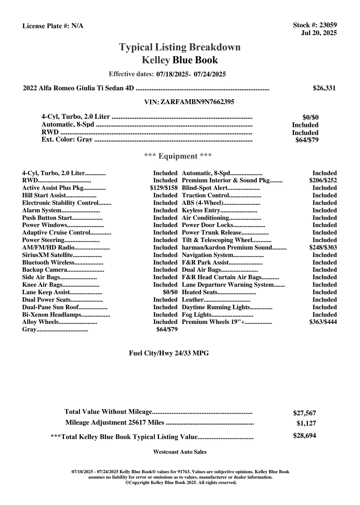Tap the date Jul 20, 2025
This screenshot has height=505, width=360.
(319, 33)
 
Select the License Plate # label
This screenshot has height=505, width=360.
(46, 26)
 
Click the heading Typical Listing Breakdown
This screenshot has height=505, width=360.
(180, 47)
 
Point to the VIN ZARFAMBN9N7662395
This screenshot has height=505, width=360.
(197, 102)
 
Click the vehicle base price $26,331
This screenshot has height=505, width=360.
(324, 88)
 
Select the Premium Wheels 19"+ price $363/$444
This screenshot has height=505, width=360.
(323, 322)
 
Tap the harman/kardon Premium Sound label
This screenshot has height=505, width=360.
(227, 248)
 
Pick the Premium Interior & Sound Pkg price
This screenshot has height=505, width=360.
(323, 181)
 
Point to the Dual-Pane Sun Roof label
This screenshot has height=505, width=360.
(50, 307)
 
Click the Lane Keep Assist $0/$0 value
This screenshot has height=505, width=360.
(170, 292)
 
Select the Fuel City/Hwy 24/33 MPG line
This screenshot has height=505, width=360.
(169, 353)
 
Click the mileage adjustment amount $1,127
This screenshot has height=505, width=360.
(306, 423)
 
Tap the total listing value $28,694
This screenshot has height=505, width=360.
(304, 436)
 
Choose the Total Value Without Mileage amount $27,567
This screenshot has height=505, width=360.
(304, 413)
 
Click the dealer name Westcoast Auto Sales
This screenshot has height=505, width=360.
(180, 452)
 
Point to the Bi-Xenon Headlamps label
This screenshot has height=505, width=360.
(52, 315)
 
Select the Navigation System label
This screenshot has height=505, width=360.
(207, 255)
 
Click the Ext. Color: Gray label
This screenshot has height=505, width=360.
(67, 139)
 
